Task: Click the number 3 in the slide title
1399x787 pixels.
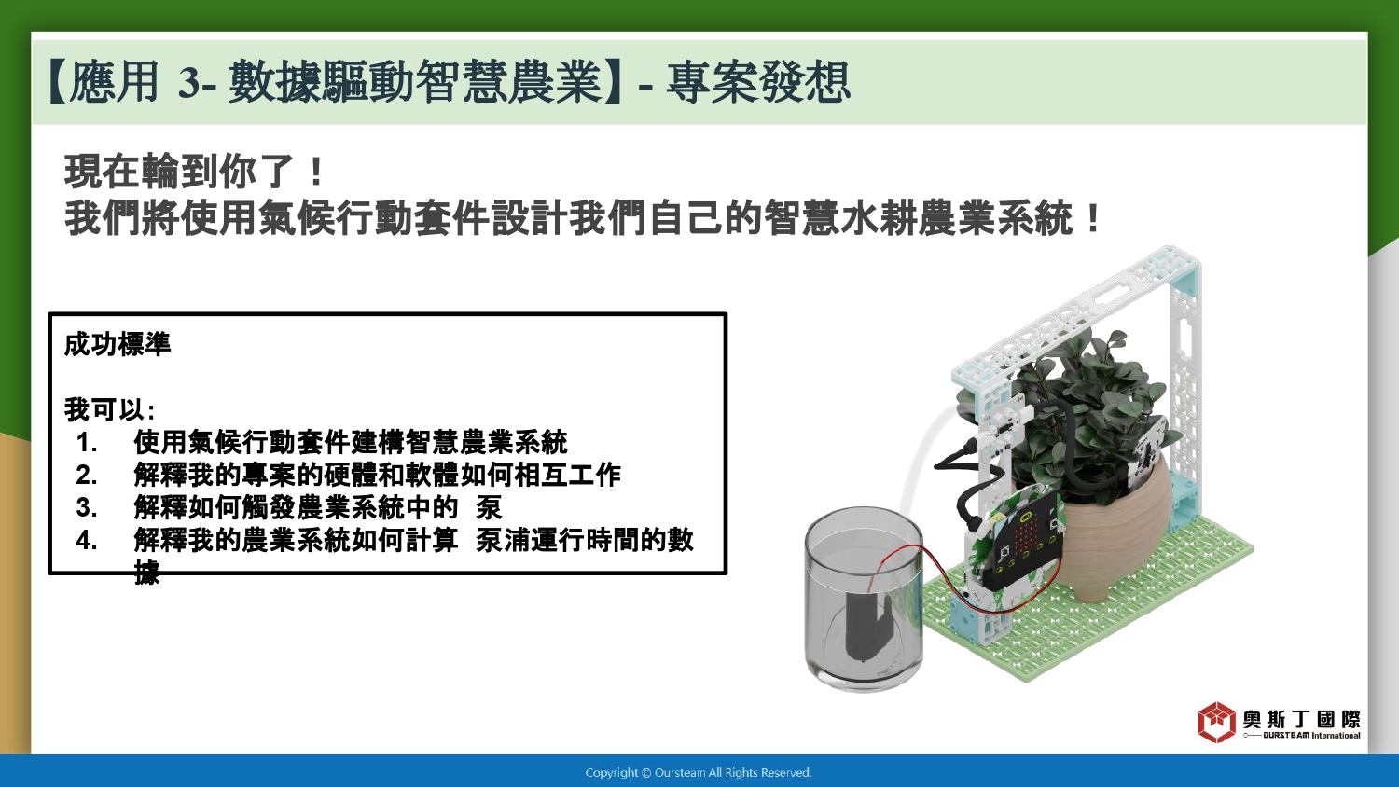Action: [x=189, y=83]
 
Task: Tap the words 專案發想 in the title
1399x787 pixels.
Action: [x=757, y=82]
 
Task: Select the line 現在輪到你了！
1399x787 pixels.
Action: [x=194, y=172]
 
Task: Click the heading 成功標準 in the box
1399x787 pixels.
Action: [x=118, y=344]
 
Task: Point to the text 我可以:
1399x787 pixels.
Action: [x=109, y=409]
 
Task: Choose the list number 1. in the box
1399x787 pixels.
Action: [x=87, y=443]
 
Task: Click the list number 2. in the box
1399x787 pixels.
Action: [x=87, y=476]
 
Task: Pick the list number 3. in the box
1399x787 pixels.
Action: [x=87, y=508]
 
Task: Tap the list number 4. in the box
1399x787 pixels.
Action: [x=87, y=540]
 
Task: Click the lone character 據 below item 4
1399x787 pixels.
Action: [x=147, y=573]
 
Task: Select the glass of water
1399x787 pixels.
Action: [x=864, y=599]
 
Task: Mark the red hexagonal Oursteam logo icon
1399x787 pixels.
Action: [x=1216, y=722]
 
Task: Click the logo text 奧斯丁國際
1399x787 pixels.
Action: [x=1301, y=719]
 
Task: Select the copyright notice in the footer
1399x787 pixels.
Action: [x=699, y=773]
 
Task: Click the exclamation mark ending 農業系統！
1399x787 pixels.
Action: [x=1093, y=217]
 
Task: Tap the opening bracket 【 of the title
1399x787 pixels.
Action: [x=57, y=83]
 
